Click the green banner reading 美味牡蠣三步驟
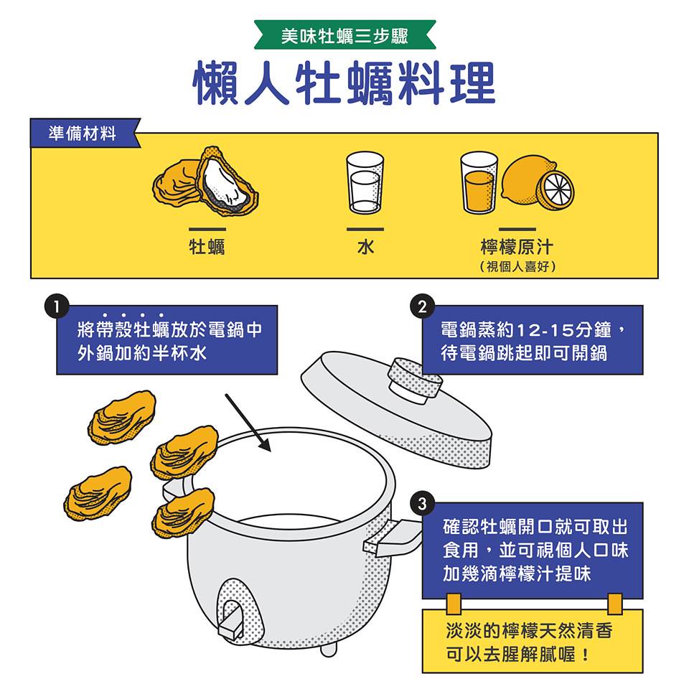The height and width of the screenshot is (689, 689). [x=344, y=34]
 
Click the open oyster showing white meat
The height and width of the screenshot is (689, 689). [x=226, y=181]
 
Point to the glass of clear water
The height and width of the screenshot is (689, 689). [x=365, y=183]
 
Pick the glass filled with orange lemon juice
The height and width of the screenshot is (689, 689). [x=479, y=183]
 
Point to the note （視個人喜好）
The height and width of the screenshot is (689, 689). [x=517, y=266]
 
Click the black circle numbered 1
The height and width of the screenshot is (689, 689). [x=56, y=306]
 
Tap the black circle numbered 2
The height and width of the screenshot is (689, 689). [x=422, y=306]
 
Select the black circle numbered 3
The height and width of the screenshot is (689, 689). [x=422, y=503]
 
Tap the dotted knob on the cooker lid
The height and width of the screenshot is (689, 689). [x=415, y=380]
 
